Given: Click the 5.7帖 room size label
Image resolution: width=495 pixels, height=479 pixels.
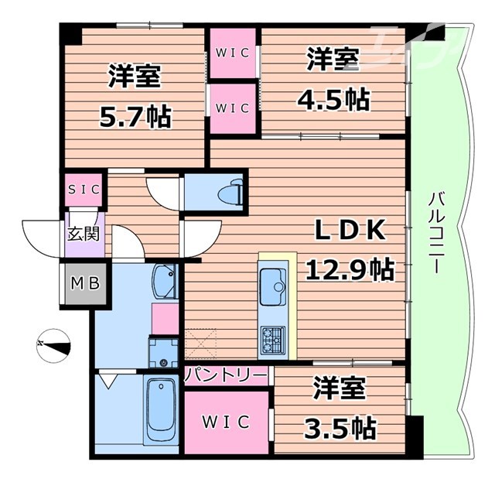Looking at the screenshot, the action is pos(136,117).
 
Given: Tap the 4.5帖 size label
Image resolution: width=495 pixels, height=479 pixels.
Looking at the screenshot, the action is pos(333,99).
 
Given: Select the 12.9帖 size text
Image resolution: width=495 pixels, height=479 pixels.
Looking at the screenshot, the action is pos(350,269).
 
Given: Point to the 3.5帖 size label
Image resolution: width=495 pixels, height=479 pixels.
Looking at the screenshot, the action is pos(340,428).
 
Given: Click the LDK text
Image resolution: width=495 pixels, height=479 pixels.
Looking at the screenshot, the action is pos(350,230).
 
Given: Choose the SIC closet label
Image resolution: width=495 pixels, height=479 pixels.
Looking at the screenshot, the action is pos(84,189).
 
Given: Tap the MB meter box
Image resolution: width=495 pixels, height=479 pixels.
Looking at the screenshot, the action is pos(85,283).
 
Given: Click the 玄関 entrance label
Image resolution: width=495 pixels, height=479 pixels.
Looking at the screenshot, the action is pos(84,234).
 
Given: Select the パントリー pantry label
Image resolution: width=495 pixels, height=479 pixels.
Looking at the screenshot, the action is pos(226,376).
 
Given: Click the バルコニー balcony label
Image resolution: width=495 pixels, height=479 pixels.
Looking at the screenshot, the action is pos(437,233).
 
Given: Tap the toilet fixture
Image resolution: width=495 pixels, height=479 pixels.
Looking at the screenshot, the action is pos(231,193).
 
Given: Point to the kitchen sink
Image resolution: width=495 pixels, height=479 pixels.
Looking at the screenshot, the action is pos(273,286).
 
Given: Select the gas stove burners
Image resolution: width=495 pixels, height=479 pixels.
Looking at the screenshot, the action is pos(272,340).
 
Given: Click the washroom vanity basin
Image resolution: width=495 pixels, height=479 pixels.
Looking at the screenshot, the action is pos(164,281).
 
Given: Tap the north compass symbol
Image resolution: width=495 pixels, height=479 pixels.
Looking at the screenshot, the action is pos(53,346).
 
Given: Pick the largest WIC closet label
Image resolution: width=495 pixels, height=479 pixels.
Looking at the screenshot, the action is pos(226,422).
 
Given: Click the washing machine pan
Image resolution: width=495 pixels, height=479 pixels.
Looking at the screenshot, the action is pos(163,354).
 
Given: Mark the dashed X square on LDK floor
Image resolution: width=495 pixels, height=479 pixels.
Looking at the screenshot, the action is pos(201,344).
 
